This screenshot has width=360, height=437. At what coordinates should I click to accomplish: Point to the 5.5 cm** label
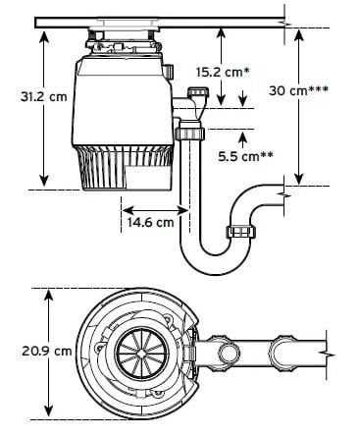point(244,155)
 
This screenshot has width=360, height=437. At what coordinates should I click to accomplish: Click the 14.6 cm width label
point(150,222)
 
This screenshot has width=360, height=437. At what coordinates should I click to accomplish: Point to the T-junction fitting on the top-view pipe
point(283,351)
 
